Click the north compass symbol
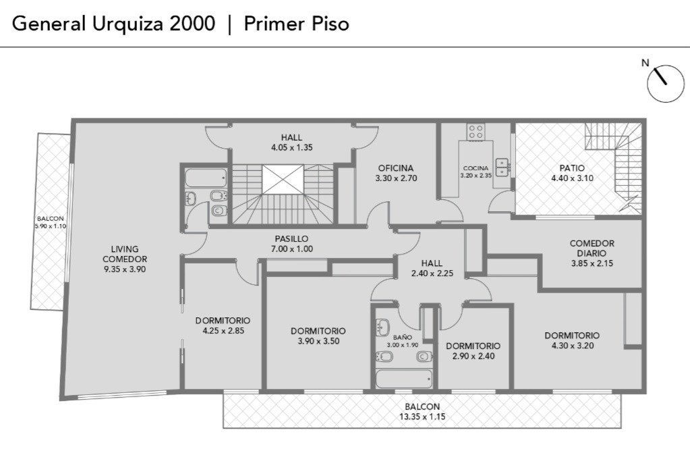point(665,84)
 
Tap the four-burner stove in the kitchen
point(476,132)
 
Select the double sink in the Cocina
point(502,167)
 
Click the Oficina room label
point(396,168)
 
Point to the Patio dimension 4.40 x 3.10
point(572,178)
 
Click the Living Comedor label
point(125,254)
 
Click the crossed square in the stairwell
point(283,179)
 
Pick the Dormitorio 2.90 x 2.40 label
point(473,351)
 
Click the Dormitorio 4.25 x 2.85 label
point(223,325)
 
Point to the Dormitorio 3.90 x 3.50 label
point(318,336)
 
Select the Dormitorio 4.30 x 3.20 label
point(572,340)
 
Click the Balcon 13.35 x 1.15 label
point(422,412)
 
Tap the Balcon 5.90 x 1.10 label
point(50,222)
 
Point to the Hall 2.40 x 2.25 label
point(432,268)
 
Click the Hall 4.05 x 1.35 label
point(292,142)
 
